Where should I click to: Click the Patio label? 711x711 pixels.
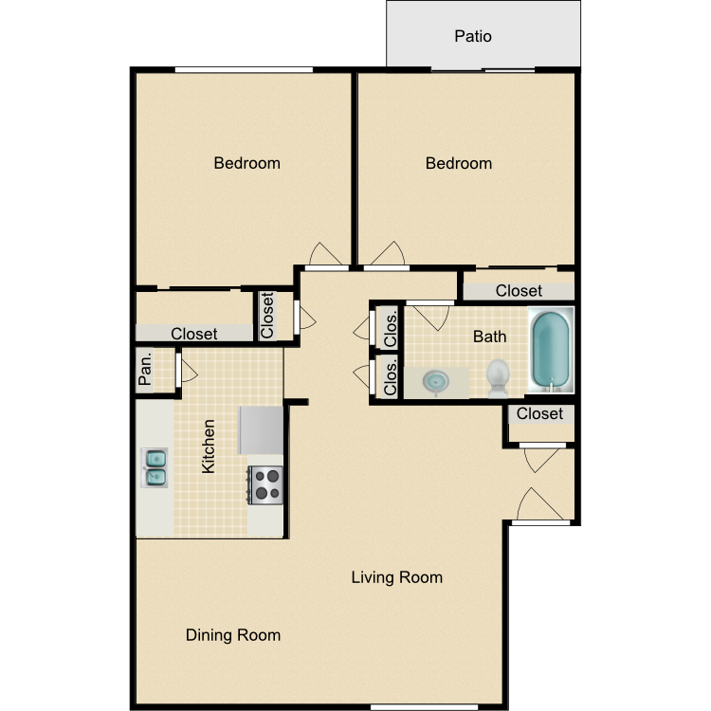473,37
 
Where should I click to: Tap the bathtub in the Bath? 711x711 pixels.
551,350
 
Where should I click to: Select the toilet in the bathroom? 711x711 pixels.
499,377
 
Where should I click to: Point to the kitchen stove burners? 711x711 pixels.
266,484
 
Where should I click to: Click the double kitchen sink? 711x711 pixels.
155,466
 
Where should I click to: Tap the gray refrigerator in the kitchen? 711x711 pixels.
261,429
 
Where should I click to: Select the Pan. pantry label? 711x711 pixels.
146,370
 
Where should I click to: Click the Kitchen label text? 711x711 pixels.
209,447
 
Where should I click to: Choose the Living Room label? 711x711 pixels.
396,576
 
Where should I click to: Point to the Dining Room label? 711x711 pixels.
233,635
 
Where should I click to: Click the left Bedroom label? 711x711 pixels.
246,163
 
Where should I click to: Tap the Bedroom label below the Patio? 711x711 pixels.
459,163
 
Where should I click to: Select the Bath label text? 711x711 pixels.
490,337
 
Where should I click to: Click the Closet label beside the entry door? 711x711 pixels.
540,414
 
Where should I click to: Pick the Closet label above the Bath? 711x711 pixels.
519,291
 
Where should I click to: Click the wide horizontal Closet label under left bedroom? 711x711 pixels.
194,334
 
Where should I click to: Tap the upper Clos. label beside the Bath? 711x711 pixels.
390,327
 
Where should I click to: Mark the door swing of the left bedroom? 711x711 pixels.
326,255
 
